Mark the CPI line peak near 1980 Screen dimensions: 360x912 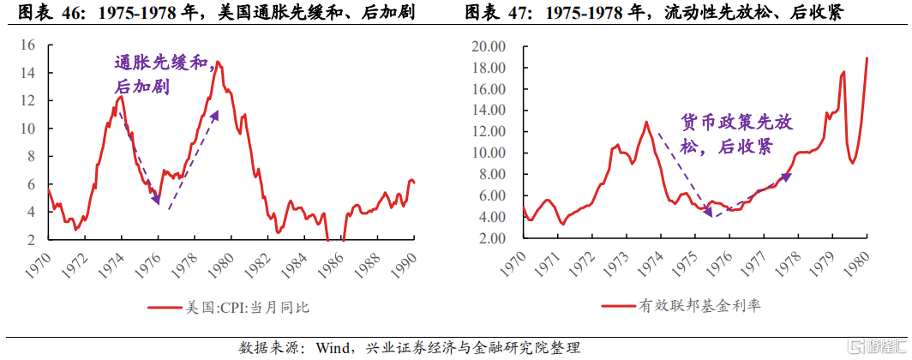[219, 62]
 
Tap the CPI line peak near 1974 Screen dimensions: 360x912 [121, 96]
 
